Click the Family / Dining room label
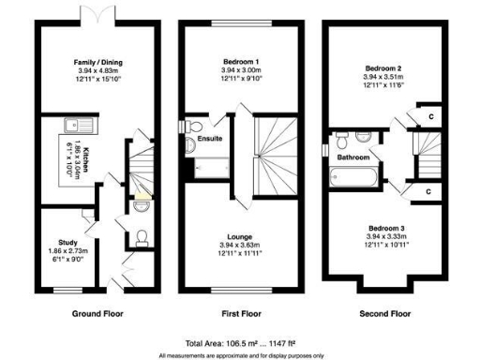tap(98, 63)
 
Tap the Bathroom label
tap(353, 157)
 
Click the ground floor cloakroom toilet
tap(142, 234)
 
